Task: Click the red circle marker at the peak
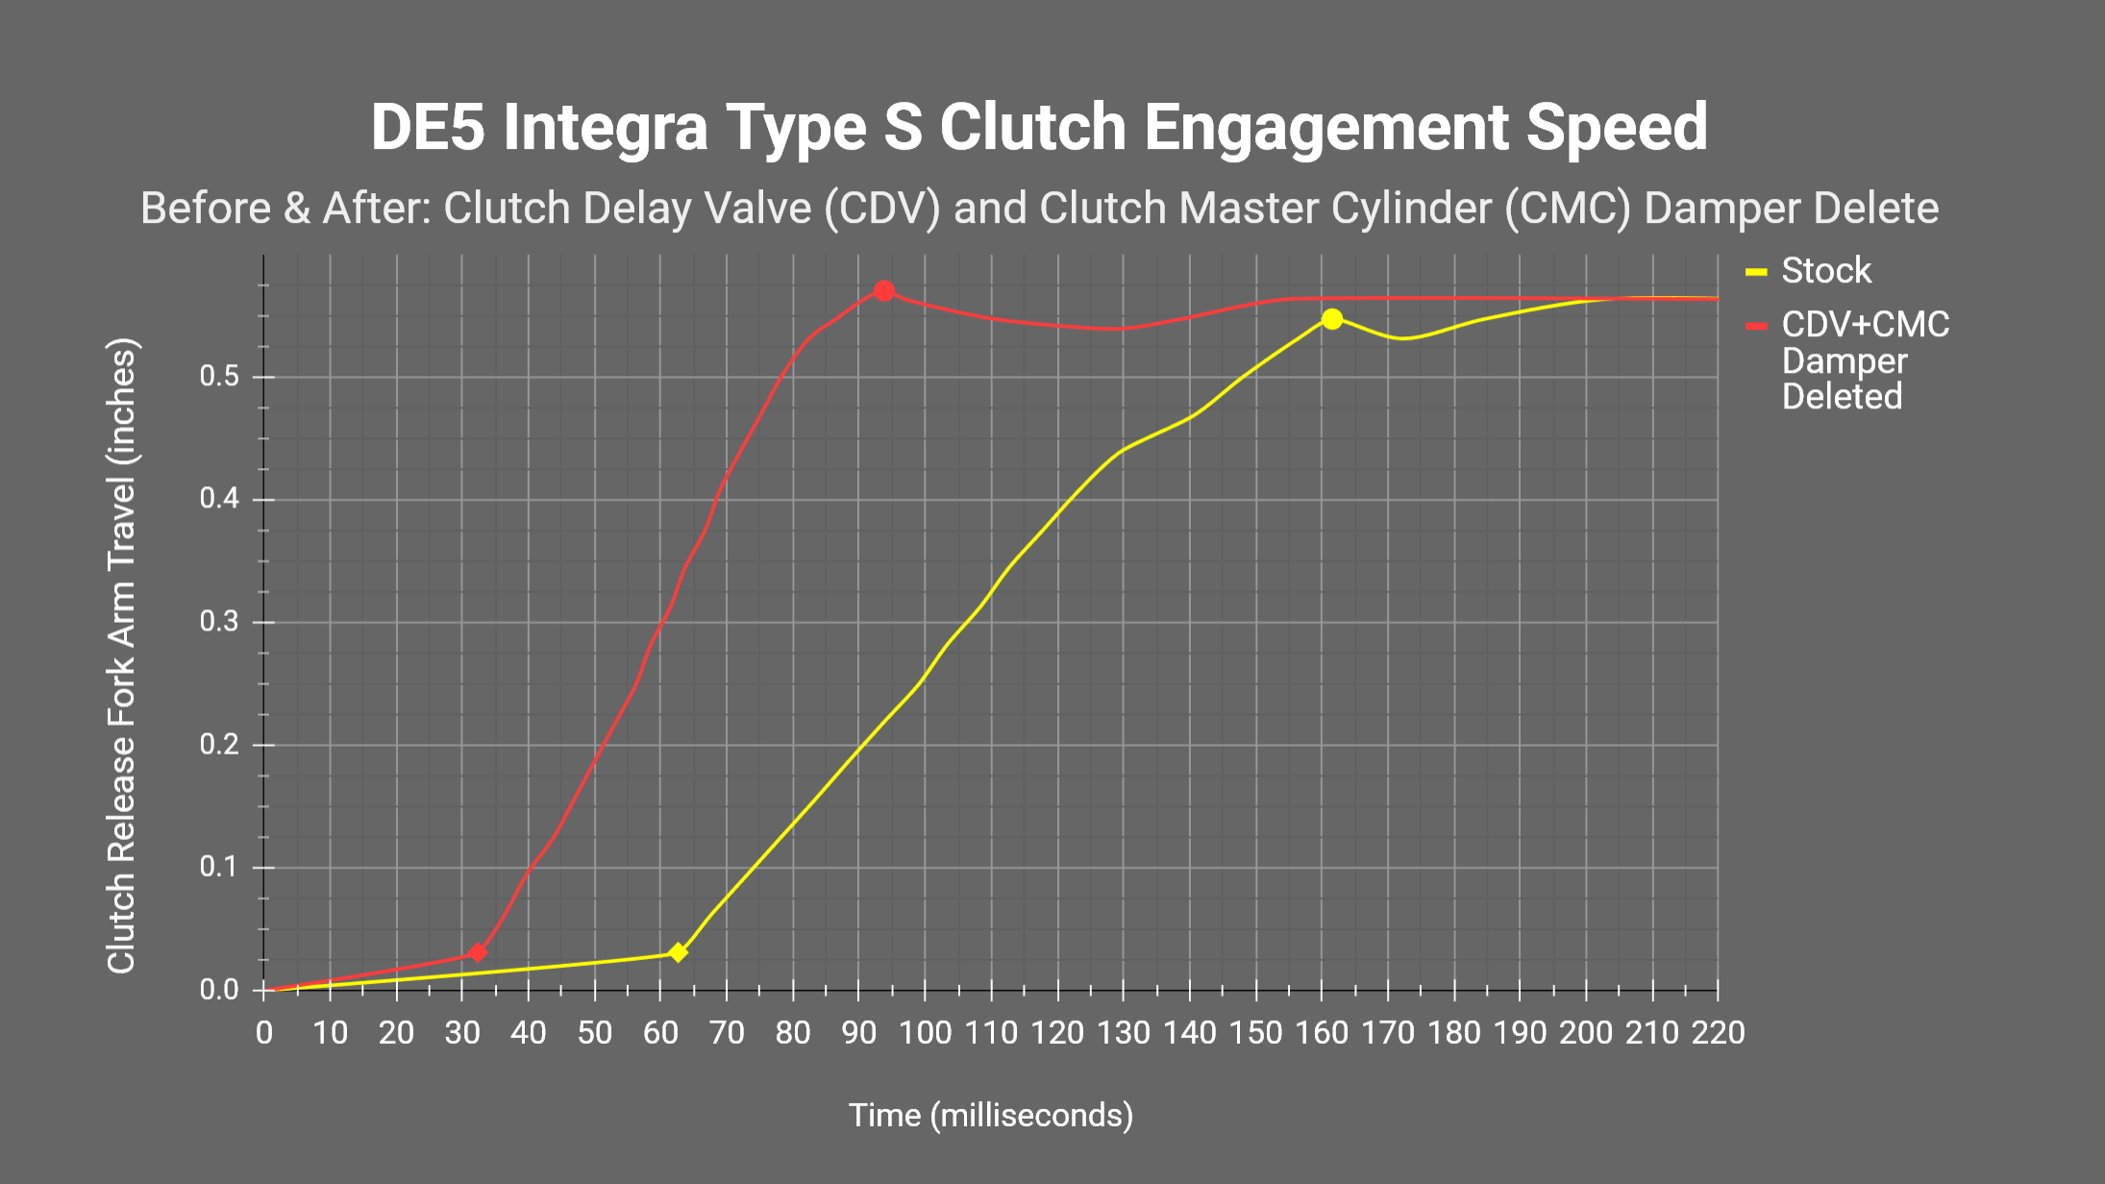tap(884, 290)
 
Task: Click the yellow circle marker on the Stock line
tap(1331, 319)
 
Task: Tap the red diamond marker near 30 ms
tap(478, 952)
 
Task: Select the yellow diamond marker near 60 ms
tap(678, 952)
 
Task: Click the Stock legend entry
tap(1825, 271)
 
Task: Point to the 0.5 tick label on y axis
tap(219, 377)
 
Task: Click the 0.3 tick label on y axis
tap(219, 622)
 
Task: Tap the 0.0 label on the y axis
tap(219, 990)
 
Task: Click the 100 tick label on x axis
tap(925, 1033)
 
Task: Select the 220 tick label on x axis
tap(1718, 1033)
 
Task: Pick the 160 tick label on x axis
tap(1322, 1033)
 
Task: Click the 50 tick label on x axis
tap(594, 1033)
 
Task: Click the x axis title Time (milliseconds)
tap(990, 1115)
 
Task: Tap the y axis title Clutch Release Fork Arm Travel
tap(122, 655)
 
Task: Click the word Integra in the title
tap(606, 128)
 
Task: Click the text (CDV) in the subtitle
tap(881, 209)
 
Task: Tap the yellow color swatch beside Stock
tap(1756, 272)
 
